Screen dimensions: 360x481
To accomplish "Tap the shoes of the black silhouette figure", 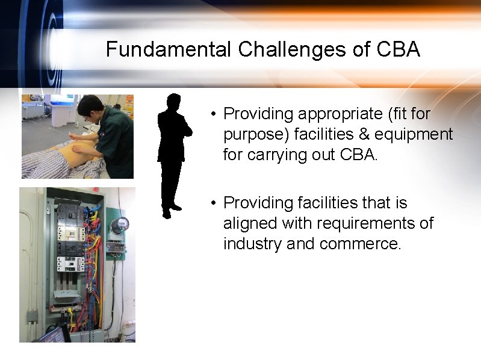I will click(171, 209).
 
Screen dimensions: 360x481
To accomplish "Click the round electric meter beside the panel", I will click(120, 225).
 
